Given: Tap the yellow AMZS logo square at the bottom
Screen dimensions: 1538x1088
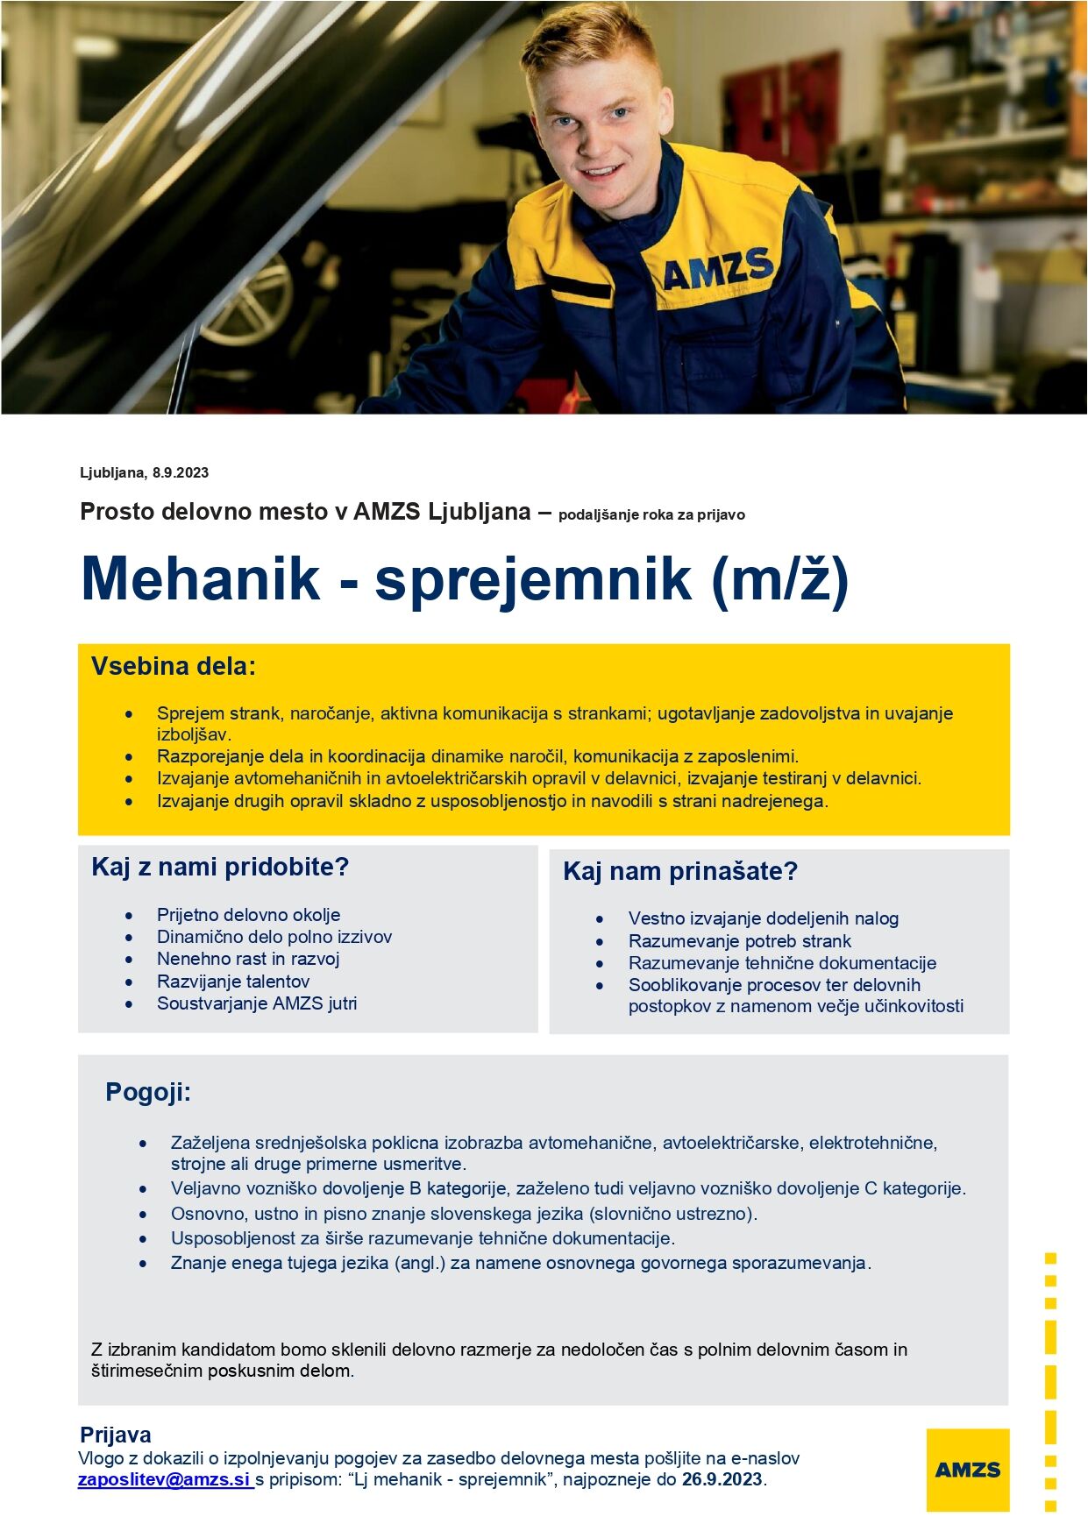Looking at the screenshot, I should (x=967, y=1470).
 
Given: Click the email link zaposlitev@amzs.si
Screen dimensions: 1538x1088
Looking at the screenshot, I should (x=164, y=1480).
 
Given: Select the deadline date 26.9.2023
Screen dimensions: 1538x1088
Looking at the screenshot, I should (x=722, y=1480).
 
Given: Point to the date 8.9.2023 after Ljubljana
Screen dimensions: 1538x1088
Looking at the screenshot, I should (x=181, y=473).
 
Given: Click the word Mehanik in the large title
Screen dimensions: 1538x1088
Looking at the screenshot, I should (x=201, y=578).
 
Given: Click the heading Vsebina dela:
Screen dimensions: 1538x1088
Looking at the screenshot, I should (x=174, y=667).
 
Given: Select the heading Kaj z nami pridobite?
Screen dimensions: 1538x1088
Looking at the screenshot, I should (x=220, y=868).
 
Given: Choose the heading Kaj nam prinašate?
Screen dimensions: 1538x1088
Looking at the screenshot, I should (x=680, y=872).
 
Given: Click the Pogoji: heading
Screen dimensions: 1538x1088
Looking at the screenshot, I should (x=148, y=1093).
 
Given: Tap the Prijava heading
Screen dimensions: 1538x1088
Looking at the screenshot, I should (x=116, y=1435).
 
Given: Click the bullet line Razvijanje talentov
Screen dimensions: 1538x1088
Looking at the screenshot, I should (x=233, y=982).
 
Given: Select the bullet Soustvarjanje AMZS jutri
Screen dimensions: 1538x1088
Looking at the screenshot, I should (x=257, y=1003).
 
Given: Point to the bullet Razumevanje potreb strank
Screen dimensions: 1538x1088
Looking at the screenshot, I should (x=739, y=941).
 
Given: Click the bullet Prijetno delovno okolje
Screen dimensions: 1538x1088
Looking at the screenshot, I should (x=248, y=915).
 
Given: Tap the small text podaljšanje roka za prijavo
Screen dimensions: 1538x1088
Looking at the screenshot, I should (x=651, y=515).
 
